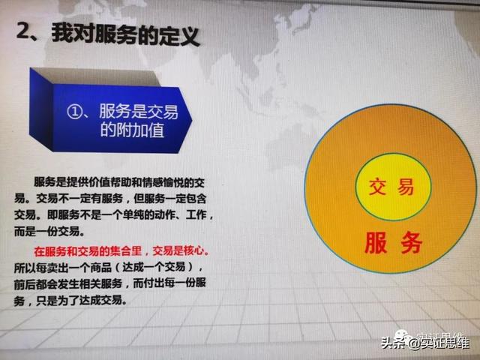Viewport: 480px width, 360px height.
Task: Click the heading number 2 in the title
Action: click(x=24, y=33)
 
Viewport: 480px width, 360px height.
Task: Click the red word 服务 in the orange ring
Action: click(x=393, y=242)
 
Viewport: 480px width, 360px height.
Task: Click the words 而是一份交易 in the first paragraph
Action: click(x=60, y=232)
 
